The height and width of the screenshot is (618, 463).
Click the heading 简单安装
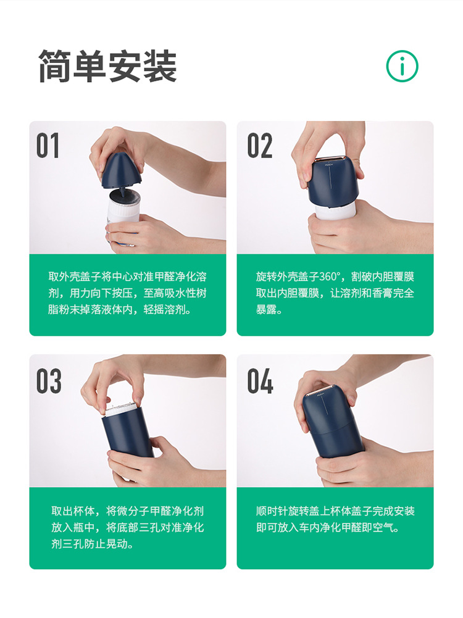coord(107,66)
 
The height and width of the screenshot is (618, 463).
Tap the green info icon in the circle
coord(402,65)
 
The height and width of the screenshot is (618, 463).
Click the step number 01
coord(48,145)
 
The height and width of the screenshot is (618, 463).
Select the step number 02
coord(259,145)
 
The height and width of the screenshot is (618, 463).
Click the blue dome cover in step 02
coord(333,182)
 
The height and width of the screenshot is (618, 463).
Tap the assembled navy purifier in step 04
coord(332,426)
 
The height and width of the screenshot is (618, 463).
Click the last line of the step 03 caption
coord(93,544)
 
